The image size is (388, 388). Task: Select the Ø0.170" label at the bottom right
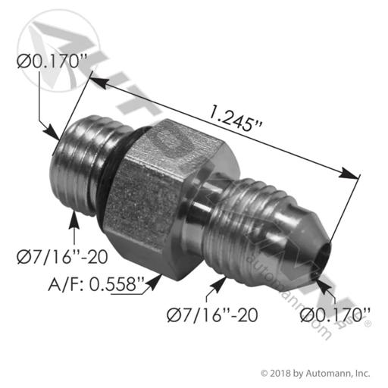point(335,315)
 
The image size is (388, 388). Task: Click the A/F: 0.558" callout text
point(96,284)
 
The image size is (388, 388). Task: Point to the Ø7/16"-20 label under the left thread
point(62,257)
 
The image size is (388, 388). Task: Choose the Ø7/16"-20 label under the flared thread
point(212,315)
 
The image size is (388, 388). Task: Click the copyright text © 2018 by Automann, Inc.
point(315,373)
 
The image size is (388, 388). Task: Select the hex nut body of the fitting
point(167,199)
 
